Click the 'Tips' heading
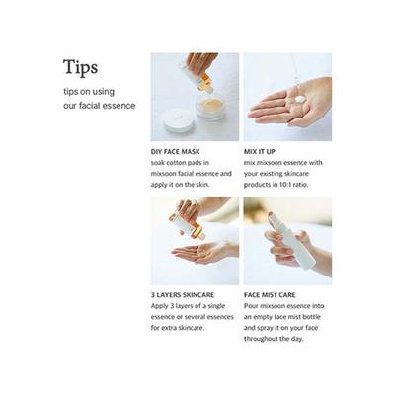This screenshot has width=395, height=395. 80,67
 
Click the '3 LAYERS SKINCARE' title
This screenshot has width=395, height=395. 181,294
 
